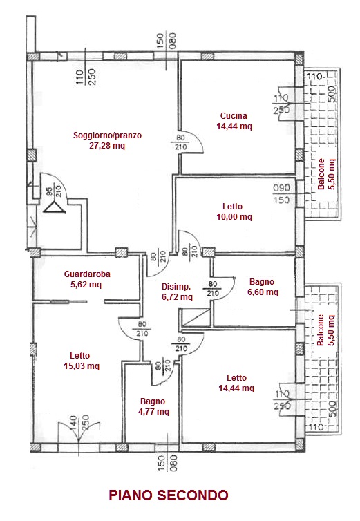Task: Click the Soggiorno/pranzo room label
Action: click(107, 135)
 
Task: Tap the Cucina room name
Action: click(234, 116)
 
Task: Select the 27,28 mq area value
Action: click(107, 146)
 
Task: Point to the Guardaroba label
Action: click(87, 274)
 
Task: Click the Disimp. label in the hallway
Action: click(176, 287)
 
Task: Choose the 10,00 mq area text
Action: click(234, 217)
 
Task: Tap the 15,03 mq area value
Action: click(82, 366)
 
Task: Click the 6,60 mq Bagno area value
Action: click(263, 292)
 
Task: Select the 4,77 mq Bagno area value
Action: click(153, 412)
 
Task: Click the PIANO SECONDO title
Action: click(169, 495)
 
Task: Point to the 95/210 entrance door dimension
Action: click(53, 191)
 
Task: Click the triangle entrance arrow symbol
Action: click(55, 208)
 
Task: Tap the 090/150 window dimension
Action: click(281, 193)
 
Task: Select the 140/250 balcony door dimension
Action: click(79, 423)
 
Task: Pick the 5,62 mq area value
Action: click(86, 285)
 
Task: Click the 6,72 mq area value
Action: click(177, 296)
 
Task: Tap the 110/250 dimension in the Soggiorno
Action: click(86, 77)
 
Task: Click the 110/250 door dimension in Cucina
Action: click(281, 104)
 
